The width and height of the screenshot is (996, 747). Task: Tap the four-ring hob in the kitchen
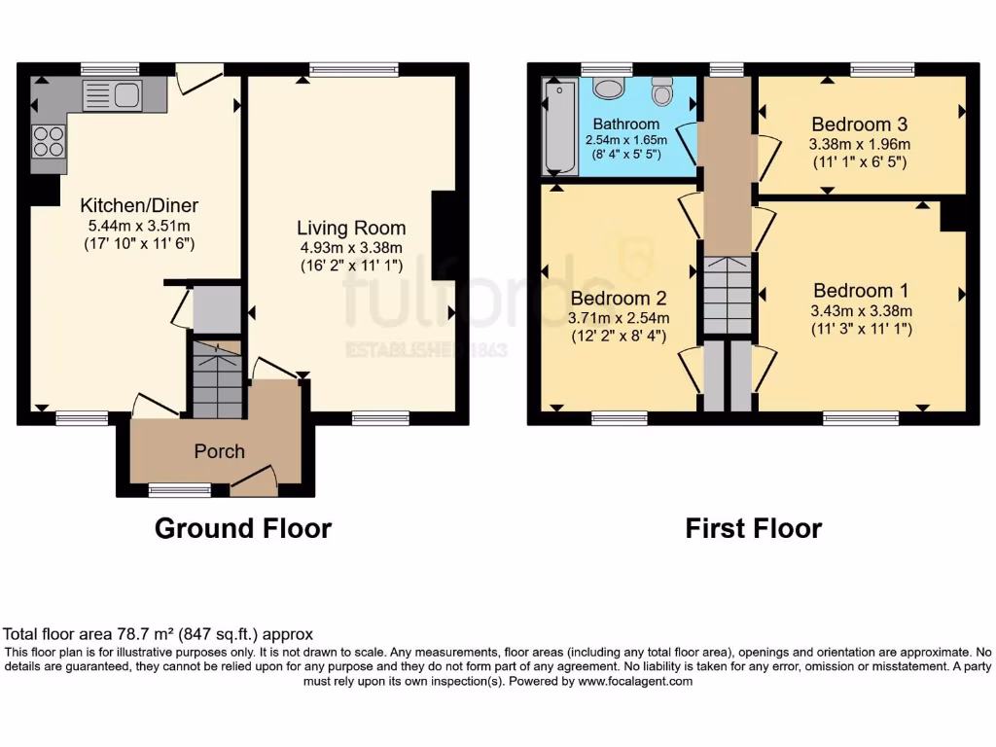pos(48,142)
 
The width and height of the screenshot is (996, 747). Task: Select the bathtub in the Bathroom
pos(559,125)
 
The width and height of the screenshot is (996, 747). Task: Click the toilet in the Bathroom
pos(663,92)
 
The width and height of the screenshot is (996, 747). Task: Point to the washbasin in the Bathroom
pos(608,89)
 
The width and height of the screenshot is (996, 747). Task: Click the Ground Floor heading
pos(243,528)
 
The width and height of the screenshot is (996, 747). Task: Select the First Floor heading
pos(753,528)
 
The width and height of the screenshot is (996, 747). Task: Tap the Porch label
pos(219,451)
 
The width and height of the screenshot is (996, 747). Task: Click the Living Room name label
pos(349,228)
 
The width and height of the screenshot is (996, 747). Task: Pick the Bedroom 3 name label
pos(859,124)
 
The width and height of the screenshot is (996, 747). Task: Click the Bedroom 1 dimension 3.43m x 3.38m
pos(861,311)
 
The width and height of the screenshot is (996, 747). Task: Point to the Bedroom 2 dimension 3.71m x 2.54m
pos(620,318)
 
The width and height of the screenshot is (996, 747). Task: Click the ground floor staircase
pos(215,375)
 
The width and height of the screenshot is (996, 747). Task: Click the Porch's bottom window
pos(180,490)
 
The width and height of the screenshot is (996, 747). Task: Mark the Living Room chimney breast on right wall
pos(444,230)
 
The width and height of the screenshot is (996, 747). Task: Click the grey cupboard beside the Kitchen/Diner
pos(216,310)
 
